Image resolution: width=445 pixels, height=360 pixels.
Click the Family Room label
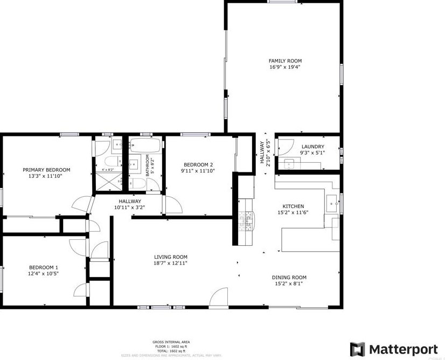click(285, 61)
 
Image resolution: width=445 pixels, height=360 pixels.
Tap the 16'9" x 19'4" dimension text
click(285, 67)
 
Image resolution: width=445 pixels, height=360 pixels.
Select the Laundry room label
click(312, 147)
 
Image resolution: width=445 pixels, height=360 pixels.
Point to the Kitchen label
click(294, 206)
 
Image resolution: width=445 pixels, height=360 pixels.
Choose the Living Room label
click(171, 257)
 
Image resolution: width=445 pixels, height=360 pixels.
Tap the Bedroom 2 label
click(198, 165)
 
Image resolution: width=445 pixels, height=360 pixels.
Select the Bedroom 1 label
click(43, 267)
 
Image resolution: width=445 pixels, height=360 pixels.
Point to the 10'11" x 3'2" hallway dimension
click(129, 207)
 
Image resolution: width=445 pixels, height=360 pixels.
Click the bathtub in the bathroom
click(145, 146)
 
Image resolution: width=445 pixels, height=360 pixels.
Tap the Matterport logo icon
click(357, 349)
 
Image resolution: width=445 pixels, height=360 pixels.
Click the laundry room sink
click(289, 164)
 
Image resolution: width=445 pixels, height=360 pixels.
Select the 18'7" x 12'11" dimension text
click(171, 264)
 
